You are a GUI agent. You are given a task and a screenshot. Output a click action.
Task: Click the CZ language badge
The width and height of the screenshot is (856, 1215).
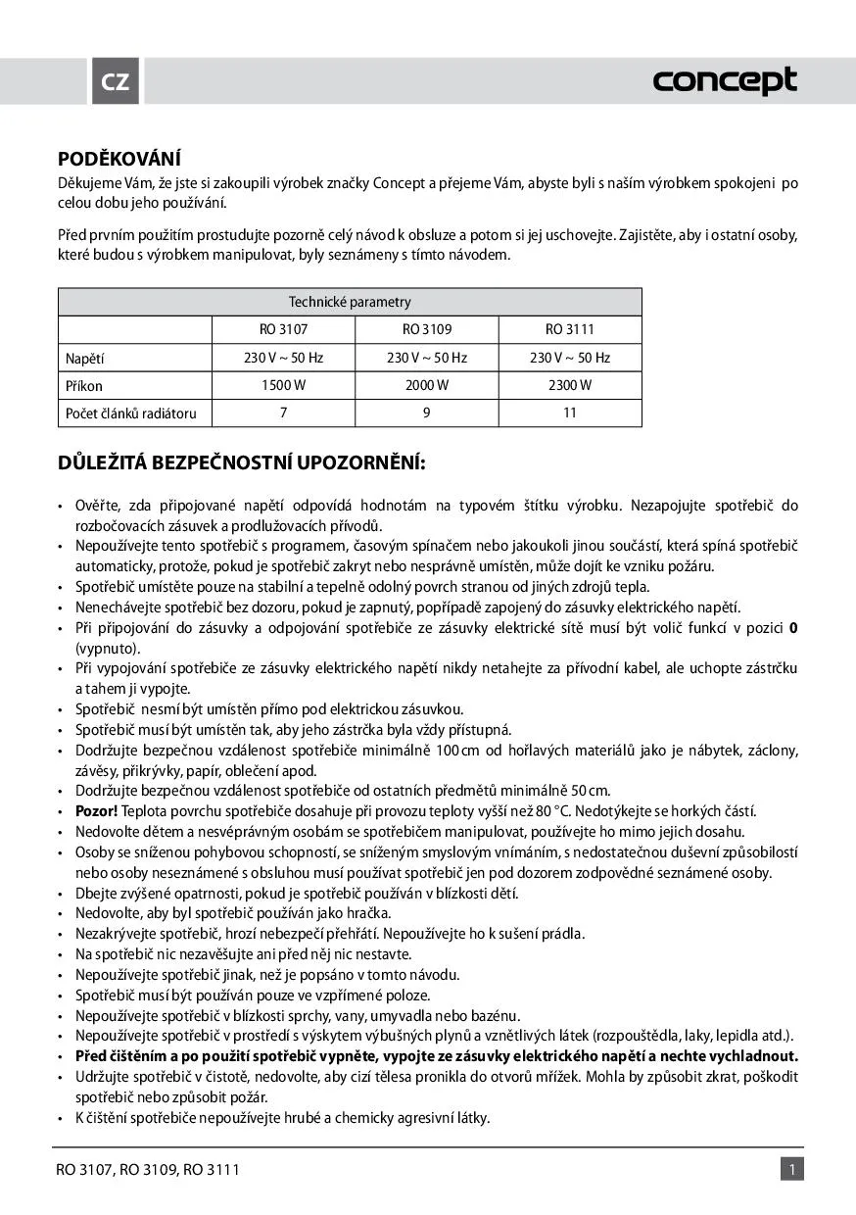coord(116,81)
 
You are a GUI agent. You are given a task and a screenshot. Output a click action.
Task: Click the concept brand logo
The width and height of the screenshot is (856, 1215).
coord(725,81)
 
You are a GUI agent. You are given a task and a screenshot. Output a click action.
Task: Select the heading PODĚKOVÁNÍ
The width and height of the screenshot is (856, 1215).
coord(120,159)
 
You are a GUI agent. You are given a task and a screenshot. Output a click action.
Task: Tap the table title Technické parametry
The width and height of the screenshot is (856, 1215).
coord(350,302)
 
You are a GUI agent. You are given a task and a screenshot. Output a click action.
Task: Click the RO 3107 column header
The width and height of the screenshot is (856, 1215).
coord(283,330)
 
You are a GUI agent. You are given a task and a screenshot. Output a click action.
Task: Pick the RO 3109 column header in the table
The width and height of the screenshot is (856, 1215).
coord(427,330)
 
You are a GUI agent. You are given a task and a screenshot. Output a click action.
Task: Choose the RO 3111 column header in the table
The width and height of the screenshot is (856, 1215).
coord(570,330)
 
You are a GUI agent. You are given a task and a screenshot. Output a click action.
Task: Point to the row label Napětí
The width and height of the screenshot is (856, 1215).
coord(85,359)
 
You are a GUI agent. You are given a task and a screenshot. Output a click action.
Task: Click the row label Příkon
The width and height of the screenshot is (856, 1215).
coord(84,386)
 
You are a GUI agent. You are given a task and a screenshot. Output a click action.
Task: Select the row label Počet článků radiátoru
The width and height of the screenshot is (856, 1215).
coord(131,413)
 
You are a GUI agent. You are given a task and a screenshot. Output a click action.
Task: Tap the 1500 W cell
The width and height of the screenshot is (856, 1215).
coord(283,385)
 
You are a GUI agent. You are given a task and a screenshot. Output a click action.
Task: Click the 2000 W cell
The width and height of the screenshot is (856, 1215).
coord(427,385)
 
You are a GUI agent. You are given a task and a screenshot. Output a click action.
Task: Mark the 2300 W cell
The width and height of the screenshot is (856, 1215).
coord(570,385)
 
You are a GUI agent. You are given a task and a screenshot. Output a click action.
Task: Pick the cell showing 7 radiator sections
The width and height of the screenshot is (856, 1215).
coord(283,413)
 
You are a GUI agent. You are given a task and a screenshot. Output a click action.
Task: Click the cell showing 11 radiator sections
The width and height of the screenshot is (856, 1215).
coord(570,413)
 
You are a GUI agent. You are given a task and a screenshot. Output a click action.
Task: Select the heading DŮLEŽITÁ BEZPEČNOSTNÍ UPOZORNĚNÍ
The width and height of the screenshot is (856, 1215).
coord(242,462)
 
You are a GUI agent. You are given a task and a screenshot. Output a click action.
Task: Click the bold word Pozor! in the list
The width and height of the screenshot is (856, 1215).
coord(96,811)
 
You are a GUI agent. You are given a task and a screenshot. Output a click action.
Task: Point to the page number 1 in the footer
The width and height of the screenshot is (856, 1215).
coord(791,1169)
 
